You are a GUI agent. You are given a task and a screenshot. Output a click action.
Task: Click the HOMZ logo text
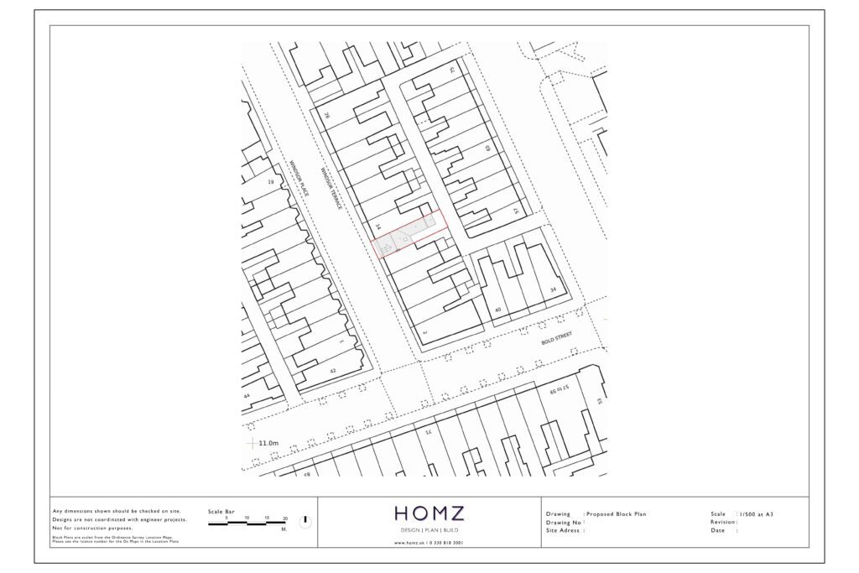(x=429, y=513)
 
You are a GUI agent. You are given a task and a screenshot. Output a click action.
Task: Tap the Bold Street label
(x=556, y=335)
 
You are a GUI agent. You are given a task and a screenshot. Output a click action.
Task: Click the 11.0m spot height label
(x=268, y=443)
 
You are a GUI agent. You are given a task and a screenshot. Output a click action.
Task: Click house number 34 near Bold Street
(x=553, y=289)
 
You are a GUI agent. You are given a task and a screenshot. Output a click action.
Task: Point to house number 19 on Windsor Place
(x=270, y=182)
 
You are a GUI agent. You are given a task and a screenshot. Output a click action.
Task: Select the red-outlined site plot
(x=409, y=233)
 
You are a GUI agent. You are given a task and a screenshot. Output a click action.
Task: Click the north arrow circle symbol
(x=305, y=522)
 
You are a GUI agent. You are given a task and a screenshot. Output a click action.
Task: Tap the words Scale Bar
(x=221, y=511)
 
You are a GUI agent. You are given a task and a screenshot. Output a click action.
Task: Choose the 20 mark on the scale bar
(x=285, y=518)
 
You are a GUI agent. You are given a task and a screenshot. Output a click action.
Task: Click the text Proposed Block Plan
(x=617, y=513)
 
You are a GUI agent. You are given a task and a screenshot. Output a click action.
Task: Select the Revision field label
(x=724, y=522)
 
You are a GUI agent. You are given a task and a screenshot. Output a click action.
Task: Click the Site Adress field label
(x=565, y=530)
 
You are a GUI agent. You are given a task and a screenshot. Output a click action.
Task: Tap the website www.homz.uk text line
(x=429, y=543)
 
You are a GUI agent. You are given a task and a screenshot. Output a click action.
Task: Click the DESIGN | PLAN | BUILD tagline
(x=429, y=531)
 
